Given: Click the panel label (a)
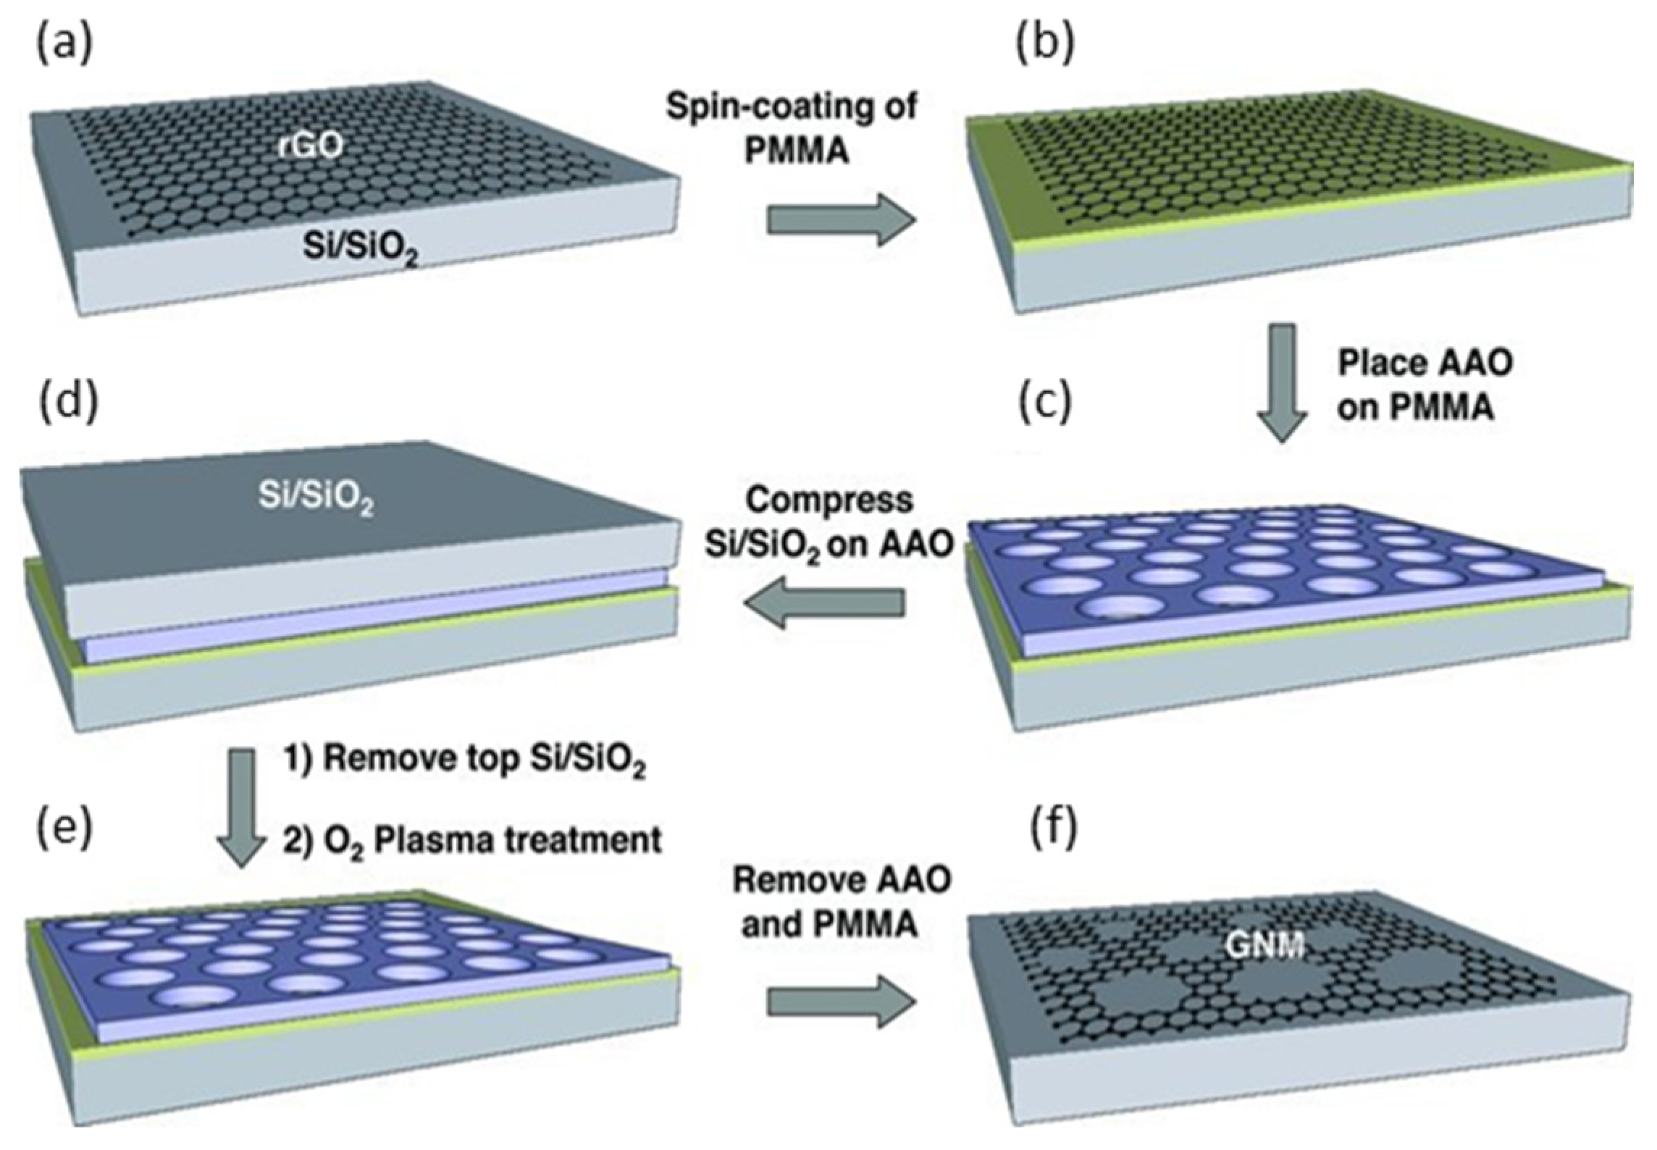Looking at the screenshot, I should [64, 45].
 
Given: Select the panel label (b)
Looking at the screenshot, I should [1045, 45].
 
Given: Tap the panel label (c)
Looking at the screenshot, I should [1045, 404].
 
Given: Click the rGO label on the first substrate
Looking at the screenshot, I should [311, 146].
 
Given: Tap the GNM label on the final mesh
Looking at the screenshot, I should [1264, 944].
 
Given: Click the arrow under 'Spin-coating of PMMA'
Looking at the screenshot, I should [841, 220].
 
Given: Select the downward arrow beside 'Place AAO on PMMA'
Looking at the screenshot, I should [1281, 384].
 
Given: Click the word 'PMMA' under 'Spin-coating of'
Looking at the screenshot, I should [796, 152].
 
